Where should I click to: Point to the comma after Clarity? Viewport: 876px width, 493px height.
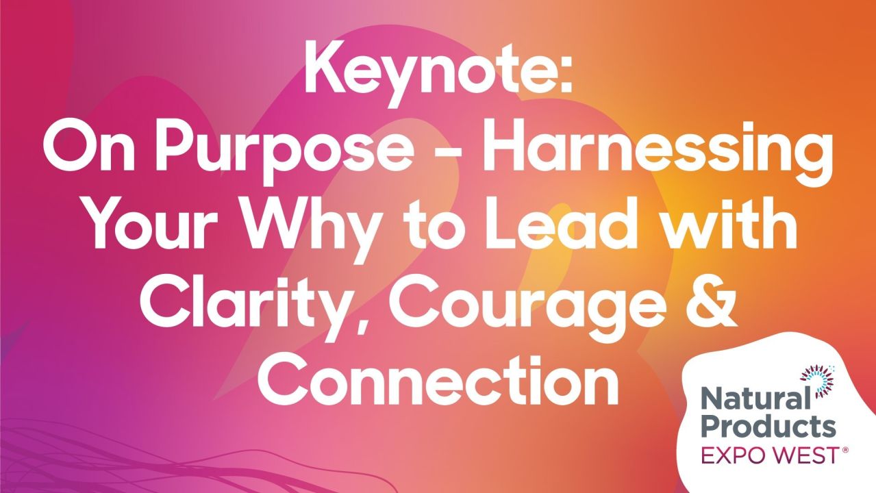pos(374,322)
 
